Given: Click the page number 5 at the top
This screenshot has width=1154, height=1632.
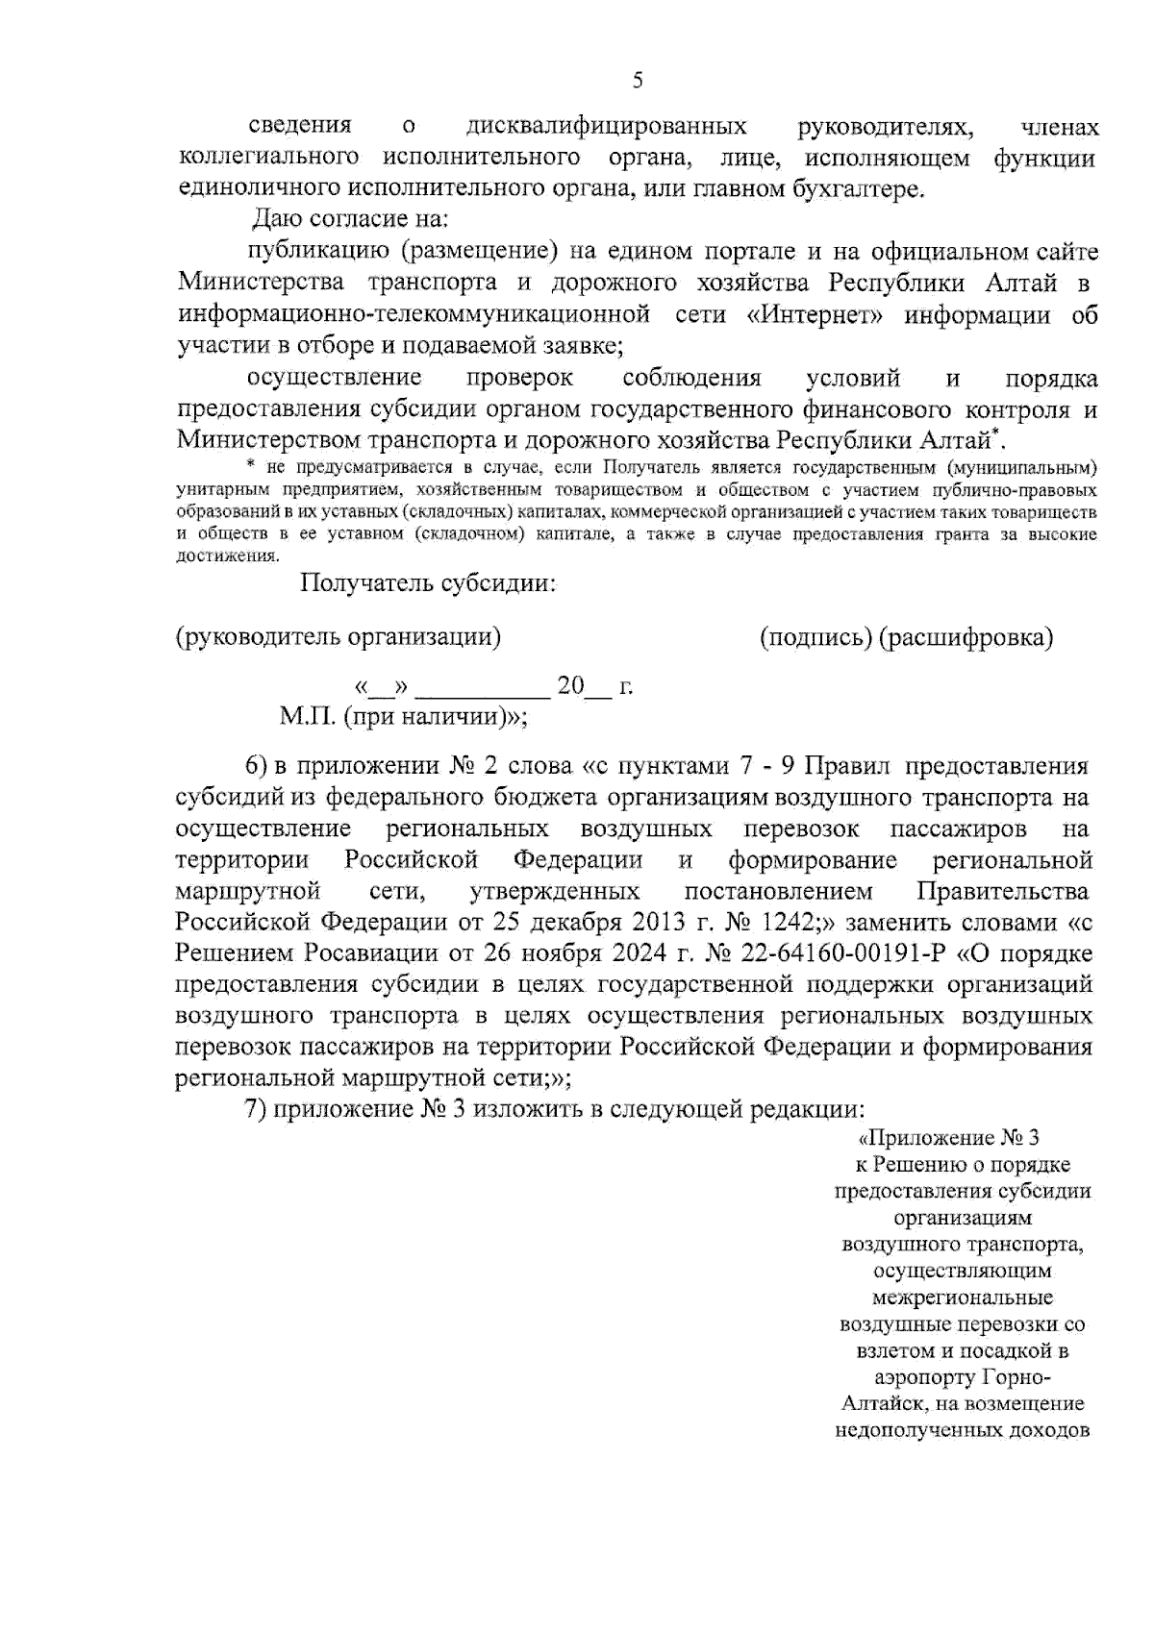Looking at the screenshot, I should click(x=638, y=81).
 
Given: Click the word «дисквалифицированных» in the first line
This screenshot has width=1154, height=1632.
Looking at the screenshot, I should click(x=606, y=126).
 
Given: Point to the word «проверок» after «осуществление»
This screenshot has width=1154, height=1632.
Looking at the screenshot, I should click(x=519, y=378).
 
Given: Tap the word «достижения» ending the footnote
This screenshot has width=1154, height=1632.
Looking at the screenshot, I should click(x=228, y=556).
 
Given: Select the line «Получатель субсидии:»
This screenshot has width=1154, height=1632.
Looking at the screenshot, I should click(x=428, y=583).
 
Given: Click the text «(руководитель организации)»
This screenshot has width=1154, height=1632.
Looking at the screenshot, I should click(x=339, y=637).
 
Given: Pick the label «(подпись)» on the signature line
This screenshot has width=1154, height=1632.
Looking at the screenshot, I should click(x=816, y=637).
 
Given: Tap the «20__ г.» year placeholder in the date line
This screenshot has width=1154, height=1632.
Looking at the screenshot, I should click(x=593, y=686).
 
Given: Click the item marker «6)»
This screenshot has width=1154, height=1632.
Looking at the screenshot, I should click(x=256, y=766).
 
